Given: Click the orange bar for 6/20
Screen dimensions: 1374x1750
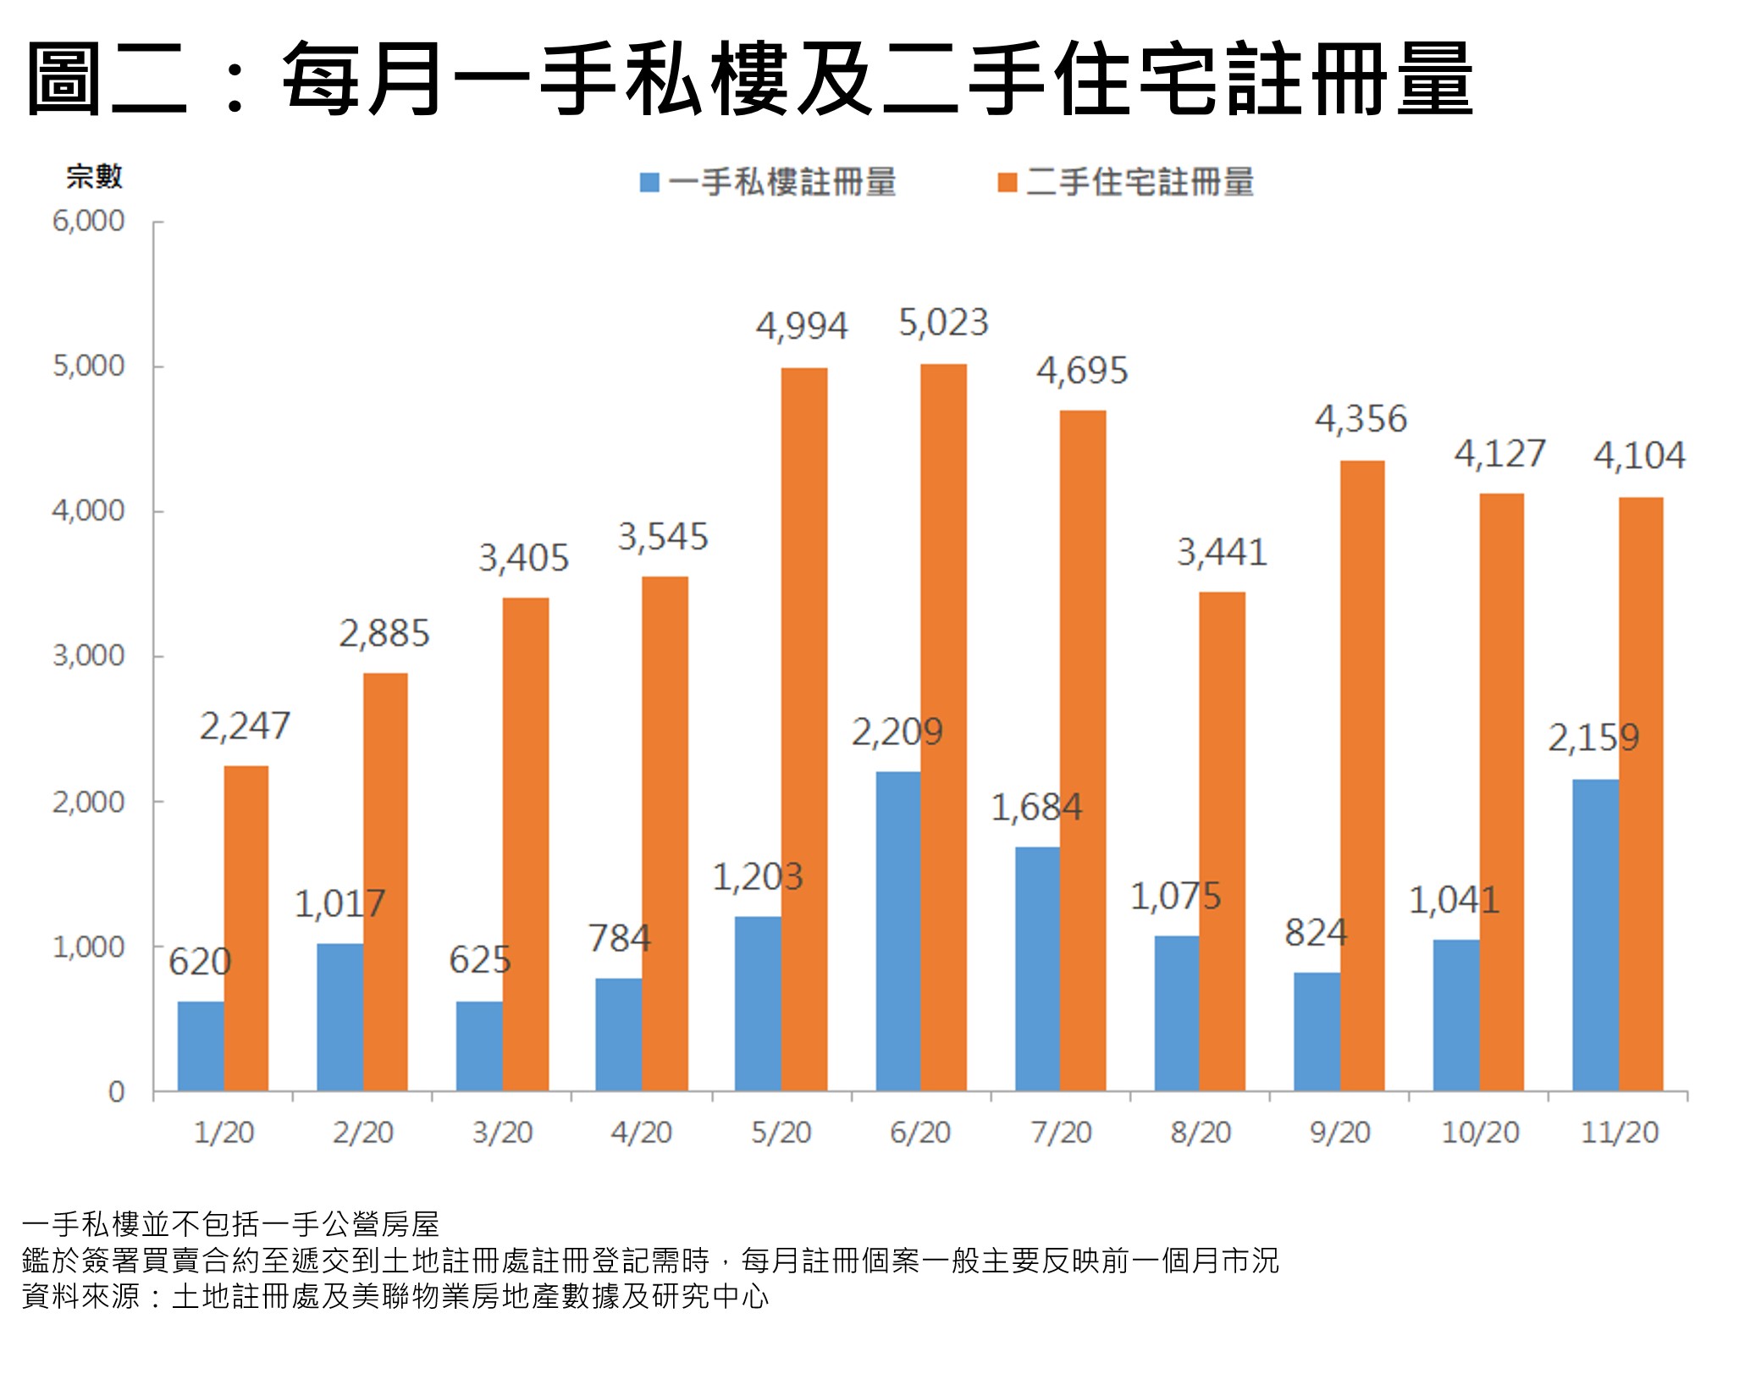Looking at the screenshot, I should click(943, 728).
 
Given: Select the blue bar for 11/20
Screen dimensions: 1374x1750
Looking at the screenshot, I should click(1595, 935).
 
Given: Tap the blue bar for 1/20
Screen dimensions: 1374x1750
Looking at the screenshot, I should click(201, 1046).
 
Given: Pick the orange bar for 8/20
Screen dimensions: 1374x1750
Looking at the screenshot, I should click(1222, 842).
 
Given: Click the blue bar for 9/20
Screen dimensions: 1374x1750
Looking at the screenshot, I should click(1317, 1031).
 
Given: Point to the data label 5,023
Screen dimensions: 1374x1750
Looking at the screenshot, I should click(943, 323).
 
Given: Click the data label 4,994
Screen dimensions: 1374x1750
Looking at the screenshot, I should click(801, 327).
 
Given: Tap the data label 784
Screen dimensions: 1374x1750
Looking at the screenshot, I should click(620, 939).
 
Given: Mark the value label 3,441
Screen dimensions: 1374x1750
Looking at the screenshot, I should click(1222, 553).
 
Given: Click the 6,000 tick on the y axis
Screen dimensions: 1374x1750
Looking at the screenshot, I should click(88, 222).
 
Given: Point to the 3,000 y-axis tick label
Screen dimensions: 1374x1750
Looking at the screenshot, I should click(88, 656).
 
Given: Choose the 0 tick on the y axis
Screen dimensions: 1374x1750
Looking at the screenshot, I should click(116, 1092).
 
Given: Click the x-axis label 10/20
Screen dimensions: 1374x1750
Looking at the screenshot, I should click(1480, 1133).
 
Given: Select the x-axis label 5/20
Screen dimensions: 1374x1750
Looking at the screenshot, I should click(781, 1133).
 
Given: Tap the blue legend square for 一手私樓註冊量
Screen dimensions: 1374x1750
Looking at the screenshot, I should click(649, 183).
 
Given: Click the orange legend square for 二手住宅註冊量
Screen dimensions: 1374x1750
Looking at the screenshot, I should click(1007, 183).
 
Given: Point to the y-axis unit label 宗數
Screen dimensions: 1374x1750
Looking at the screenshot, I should click(95, 177).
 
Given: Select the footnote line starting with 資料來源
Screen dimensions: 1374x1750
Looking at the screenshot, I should click(395, 1297).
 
